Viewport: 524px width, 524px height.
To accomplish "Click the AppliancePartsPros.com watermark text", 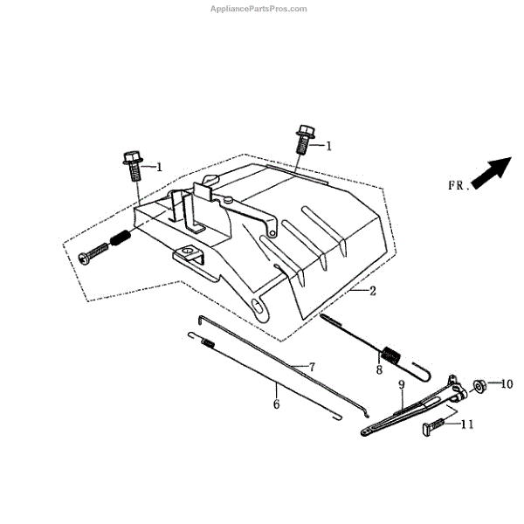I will click(x=260, y=9).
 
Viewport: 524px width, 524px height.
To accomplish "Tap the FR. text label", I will click(x=458, y=185).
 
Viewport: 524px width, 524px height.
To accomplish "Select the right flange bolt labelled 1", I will click(x=305, y=140).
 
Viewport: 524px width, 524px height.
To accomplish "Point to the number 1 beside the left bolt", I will click(x=159, y=166).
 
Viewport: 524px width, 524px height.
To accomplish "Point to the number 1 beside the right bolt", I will click(x=329, y=146).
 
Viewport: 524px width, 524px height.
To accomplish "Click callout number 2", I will click(x=373, y=290).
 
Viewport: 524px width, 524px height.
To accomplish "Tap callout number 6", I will click(x=276, y=403).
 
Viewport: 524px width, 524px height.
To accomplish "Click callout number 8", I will click(x=380, y=370).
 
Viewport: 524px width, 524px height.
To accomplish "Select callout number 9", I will click(x=401, y=384).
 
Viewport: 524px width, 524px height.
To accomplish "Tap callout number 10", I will click(x=508, y=383).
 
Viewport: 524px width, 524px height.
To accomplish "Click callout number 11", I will click(x=466, y=424).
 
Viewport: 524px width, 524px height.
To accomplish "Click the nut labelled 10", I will click(x=479, y=384).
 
